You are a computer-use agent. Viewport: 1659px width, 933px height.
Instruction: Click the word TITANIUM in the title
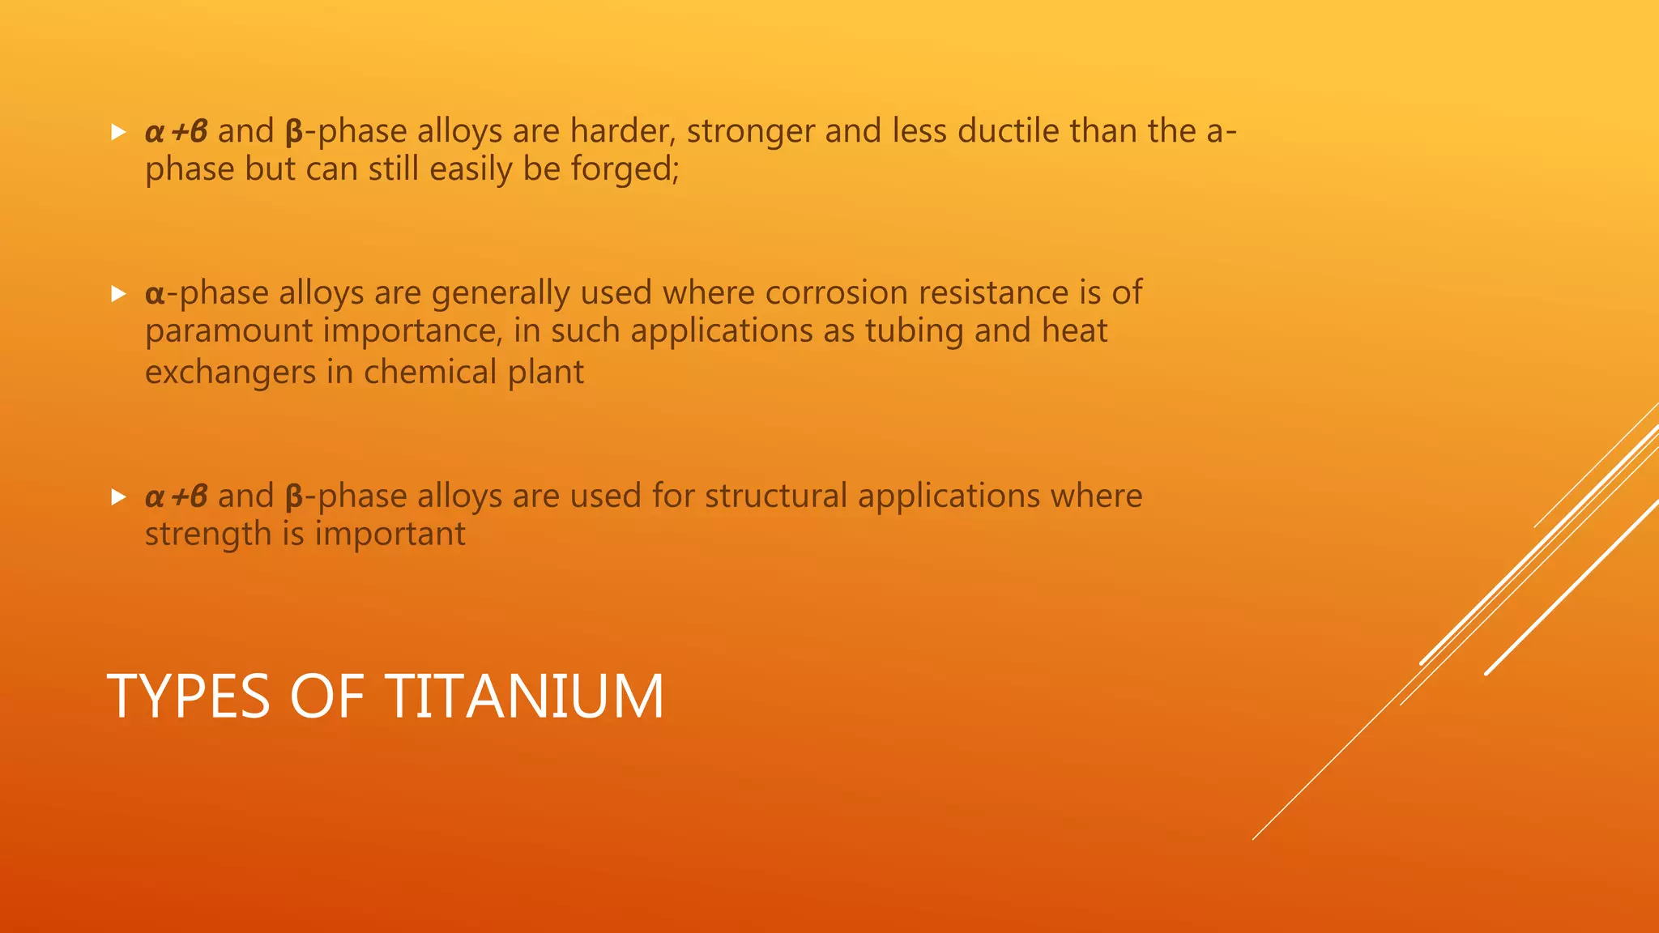(524, 696)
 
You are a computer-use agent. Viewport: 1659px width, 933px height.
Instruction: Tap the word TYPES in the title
(188, 696)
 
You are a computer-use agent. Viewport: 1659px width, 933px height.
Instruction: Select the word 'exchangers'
(230, 373)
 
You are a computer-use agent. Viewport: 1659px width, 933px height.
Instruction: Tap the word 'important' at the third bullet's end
(390, 535)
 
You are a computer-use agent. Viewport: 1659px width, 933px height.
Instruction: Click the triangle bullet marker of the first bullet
(118, 132)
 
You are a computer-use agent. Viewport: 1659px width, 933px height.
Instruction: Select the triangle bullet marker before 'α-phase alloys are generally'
(118, 293)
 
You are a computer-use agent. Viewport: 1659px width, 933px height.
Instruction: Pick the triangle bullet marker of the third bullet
(118, 496)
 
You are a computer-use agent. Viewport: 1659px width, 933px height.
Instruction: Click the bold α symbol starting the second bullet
(155, 293)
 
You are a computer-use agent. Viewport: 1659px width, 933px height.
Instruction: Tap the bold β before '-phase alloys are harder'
(294, 132)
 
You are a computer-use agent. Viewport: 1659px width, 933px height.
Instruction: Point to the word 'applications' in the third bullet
(949, 496)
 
